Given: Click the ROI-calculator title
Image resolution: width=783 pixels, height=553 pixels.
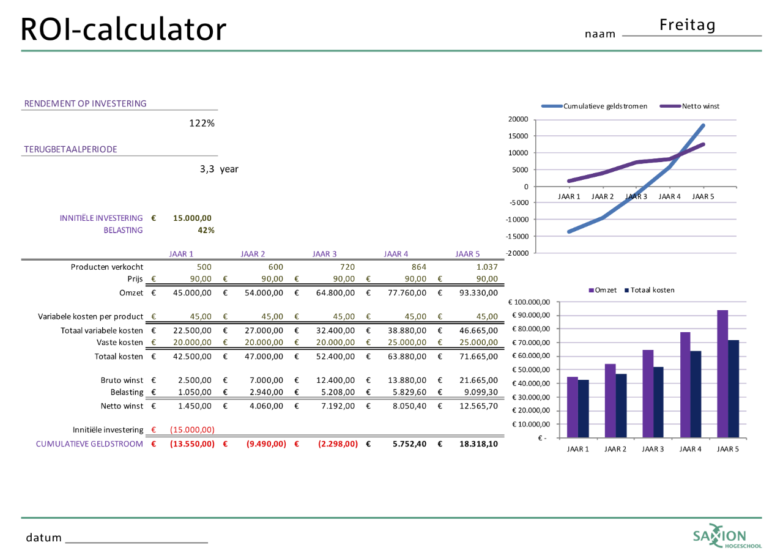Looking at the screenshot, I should click(x=124, y=29).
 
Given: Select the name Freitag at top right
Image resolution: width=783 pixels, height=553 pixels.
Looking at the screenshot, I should click(x=688, y=25).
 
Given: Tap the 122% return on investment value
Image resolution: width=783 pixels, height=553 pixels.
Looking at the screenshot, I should click(x=201, y=124).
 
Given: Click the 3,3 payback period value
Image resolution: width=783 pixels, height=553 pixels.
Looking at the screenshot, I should click(x=207, y=169).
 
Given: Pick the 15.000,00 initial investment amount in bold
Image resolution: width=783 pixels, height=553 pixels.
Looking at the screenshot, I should click(x=192, y=218).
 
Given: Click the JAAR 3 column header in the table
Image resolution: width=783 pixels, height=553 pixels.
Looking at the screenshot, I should click(x=324, y=254).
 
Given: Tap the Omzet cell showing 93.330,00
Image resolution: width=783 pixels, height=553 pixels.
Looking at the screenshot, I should click(x=478, y=292).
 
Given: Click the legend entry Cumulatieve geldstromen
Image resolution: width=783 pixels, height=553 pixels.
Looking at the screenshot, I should click(x=605, y=106).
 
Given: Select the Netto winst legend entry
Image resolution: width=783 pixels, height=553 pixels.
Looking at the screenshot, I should click(x=700, y=106).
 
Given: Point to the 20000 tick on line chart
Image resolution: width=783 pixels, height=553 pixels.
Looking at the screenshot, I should click(x=518, y=119).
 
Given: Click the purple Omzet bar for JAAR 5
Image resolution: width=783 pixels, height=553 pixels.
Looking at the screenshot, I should click(x=722, y=374).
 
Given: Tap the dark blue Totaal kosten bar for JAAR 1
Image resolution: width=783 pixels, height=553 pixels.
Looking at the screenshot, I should click(x=584, y=409).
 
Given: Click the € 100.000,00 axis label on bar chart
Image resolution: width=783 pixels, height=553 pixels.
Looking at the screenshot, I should click(x=530, y=302).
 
